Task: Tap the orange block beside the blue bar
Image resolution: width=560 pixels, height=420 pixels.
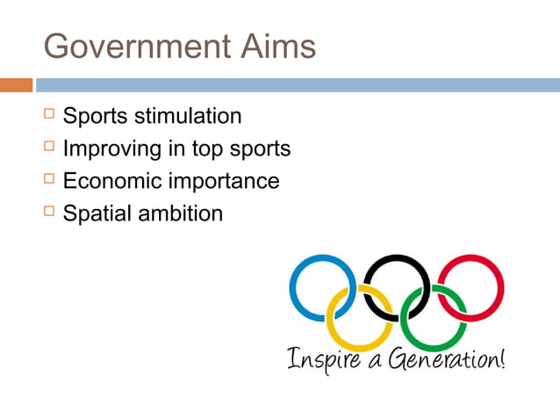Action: tap(16, 85)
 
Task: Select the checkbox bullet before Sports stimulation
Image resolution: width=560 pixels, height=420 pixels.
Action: tap(48, 115)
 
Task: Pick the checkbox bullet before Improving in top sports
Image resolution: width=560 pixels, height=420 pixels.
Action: tap(48, 148)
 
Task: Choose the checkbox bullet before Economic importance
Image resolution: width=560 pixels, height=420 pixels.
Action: tap(48, 180)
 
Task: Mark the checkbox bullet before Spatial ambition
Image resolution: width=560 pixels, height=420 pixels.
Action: tap(48, 213)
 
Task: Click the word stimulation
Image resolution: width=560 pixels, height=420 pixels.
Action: tap(188, 116)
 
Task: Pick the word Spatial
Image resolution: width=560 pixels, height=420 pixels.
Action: tap(97, 214)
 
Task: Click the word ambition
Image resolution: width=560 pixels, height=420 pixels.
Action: tap(180, 214)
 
